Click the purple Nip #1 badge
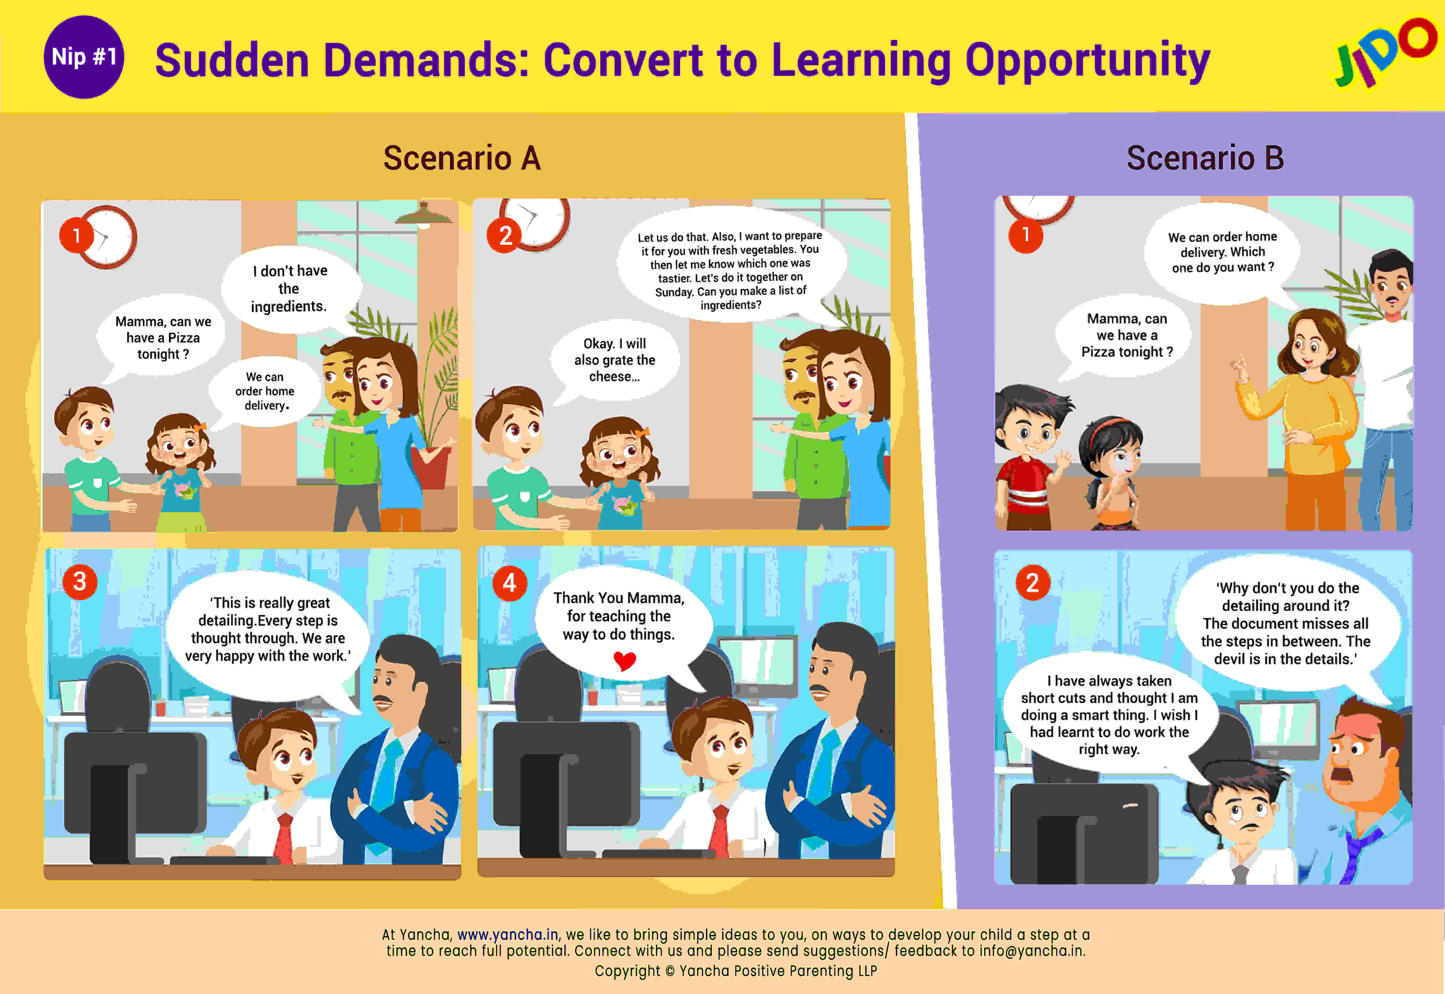83,57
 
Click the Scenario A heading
462,158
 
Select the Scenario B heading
1205,158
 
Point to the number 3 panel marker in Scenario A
80,582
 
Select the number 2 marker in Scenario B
1033,583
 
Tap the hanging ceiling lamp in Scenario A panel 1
424,215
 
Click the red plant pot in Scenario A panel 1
431,465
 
